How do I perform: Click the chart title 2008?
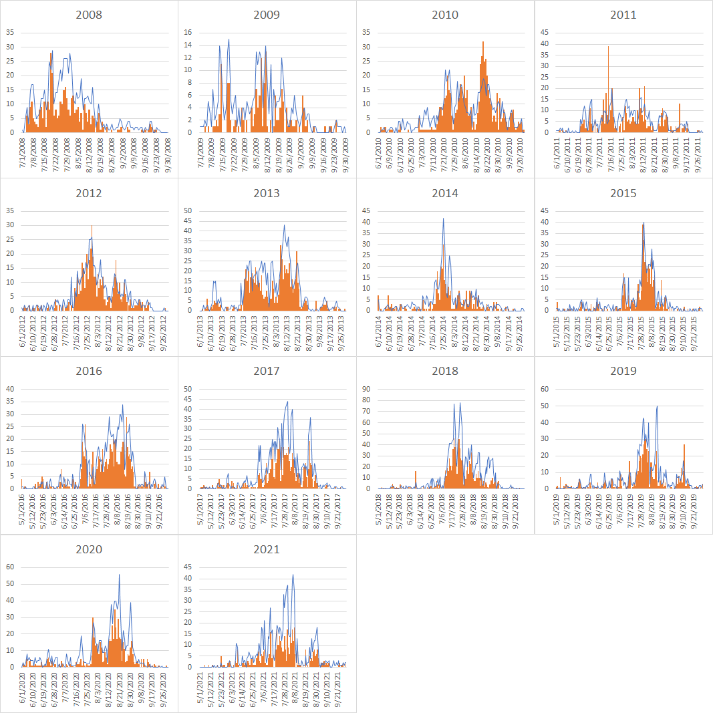(x=89, y=15)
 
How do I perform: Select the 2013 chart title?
(x=267, y=193)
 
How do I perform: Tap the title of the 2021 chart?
(x=267, y=549)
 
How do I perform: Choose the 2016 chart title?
(x=89, y=371)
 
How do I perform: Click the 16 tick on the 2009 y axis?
(x=188, y=32)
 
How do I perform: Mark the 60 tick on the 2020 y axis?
(x=11, y=567)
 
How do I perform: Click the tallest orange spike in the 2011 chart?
(x=608, y=47)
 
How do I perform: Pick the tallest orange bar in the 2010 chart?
(x=483, y=43)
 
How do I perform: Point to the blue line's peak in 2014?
(x=443, y=219)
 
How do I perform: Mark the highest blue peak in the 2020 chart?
(x=120, y=575)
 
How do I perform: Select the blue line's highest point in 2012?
(x=92, y=226)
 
